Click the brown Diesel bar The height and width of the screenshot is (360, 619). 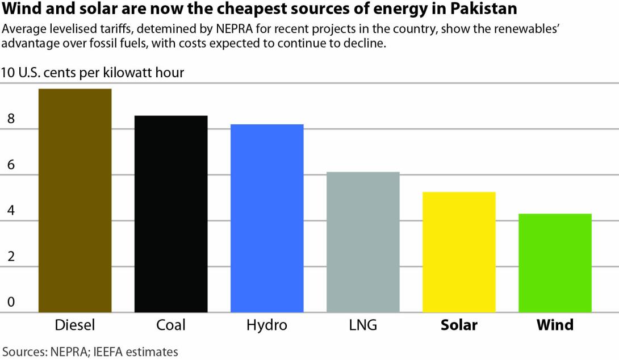point(75,200)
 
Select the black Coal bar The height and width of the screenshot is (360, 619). point(171,214)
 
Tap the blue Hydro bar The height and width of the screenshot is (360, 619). point(267,218)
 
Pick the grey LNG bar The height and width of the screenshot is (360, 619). point(363,241)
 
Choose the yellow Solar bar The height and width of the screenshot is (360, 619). point(459,252)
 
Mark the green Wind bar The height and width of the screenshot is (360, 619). point(555,262)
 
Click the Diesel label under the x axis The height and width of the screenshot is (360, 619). point(75,325)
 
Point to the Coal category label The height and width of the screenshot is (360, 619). point(171,325)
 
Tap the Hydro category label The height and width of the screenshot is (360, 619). point(267,325)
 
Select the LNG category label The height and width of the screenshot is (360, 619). point(363,325)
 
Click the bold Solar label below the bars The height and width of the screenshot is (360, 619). point(459,325)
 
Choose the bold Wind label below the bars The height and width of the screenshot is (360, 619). point(555,325)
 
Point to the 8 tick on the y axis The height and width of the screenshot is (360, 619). point(10,120)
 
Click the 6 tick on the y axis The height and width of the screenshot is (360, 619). point(10,165)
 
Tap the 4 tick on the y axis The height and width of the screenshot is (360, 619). point(10,211)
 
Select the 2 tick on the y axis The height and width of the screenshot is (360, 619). point(10,256)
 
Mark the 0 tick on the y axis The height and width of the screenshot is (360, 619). point(10,302)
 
